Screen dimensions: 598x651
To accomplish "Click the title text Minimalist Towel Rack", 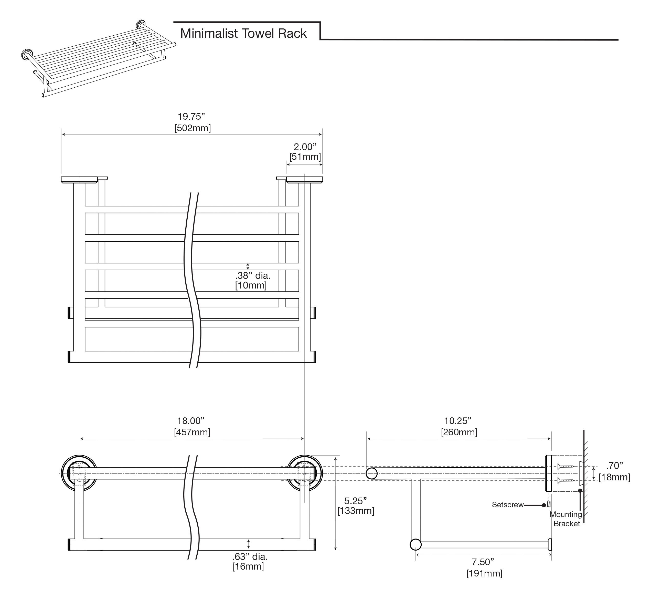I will tap(243, 34).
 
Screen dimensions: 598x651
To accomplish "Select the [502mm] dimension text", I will tap(193, 128).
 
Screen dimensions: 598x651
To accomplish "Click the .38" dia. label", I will tap(252, 276).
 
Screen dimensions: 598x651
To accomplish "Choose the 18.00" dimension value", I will tap(191, 421).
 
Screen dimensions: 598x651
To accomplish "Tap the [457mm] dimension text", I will tap(192, 432).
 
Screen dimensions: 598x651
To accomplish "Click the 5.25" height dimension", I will tap(355, 501).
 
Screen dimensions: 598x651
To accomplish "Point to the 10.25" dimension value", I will tap(457, 421).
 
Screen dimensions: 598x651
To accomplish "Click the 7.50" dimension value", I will tap(483, 562).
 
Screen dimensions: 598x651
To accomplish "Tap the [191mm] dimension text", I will tap(484, 573).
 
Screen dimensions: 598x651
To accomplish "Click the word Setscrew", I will tap(507, 505).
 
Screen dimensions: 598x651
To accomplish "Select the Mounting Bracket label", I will tap(566, 519).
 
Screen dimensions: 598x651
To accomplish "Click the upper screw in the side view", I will tap(566, 467).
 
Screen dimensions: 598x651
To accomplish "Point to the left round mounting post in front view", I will tap(79, 473).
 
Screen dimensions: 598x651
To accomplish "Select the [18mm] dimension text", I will tap(614, 477).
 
